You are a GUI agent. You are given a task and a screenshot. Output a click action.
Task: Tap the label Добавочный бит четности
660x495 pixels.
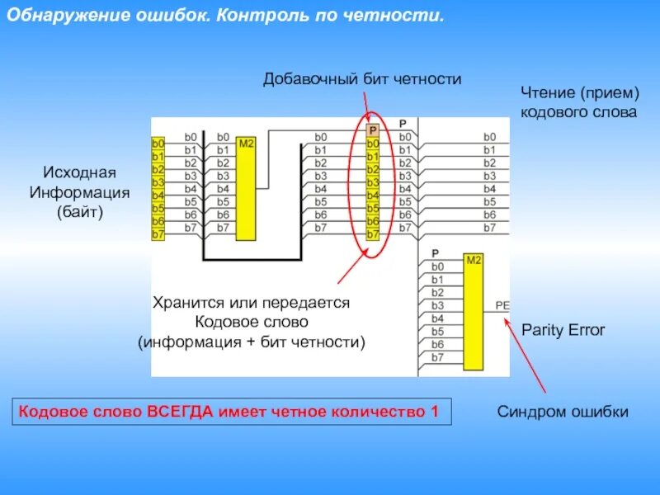point(362,78)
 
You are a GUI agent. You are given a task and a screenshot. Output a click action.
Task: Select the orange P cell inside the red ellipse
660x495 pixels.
point(372,130)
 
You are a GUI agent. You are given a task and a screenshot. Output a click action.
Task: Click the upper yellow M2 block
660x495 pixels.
point(246,188)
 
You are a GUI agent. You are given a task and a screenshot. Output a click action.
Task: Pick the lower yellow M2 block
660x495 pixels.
point(474,312)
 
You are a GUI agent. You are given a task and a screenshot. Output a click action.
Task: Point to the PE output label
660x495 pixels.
point(502,305)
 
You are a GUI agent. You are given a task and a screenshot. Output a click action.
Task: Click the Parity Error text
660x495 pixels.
point(563,330)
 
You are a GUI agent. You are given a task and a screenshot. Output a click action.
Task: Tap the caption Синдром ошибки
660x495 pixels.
point(563,412)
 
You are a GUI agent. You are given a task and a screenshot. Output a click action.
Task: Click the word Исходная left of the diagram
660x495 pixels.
point(80,173)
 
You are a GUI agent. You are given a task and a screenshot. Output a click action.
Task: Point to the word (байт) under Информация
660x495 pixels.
point(80,212)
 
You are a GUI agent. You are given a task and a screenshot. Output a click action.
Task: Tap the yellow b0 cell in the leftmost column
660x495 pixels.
point(158,144)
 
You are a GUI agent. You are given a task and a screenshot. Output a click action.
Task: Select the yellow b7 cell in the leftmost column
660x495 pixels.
point(158,234)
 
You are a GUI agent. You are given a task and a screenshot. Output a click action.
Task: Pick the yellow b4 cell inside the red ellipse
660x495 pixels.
point(372,196)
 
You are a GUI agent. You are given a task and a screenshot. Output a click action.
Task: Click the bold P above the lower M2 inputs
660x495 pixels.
point(436,253)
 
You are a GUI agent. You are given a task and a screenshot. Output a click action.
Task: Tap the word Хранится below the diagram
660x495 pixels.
point(183,303)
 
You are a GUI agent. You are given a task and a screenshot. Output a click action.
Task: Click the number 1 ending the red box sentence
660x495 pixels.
point(434,411)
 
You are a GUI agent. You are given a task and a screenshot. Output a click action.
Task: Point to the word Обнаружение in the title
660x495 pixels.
point(60,16)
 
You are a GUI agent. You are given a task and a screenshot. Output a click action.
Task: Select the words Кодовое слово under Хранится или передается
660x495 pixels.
point(251,322)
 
